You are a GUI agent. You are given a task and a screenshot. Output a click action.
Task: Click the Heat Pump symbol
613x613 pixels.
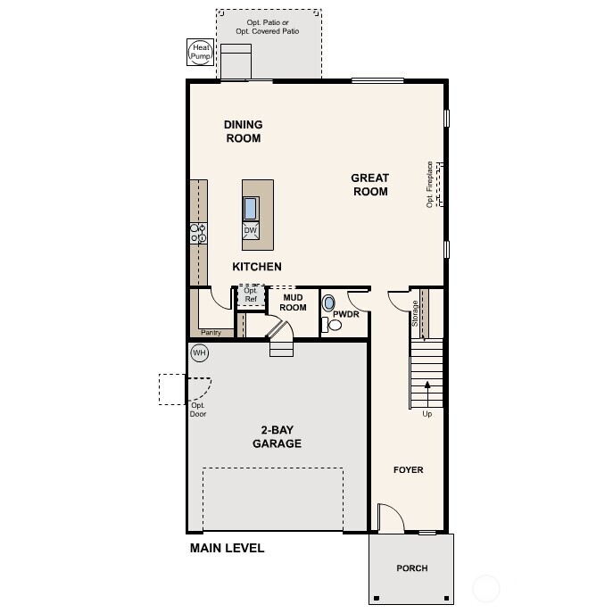point(197,53)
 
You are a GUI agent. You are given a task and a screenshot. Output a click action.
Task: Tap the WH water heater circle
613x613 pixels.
point(199,353)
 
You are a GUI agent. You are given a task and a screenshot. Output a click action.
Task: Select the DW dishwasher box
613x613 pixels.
point(251,230)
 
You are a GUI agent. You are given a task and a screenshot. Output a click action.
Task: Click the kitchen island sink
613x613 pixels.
point(251,208)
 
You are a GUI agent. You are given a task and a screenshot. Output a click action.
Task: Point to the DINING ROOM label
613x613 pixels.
point(243,131)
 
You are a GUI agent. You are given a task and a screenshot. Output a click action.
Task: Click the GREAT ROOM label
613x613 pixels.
point(369,185)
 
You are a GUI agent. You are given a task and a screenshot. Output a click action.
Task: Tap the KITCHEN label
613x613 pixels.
point(257,267)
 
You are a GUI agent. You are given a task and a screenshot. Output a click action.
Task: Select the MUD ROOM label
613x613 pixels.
point(294,302)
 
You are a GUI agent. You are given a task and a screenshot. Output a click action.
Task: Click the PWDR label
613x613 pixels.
point(345,315)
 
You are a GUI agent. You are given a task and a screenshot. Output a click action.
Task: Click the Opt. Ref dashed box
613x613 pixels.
point(251,295)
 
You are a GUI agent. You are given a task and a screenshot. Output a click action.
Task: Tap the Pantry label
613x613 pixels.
point(211,333)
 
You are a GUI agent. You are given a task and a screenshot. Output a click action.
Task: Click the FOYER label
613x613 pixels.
point(408,469)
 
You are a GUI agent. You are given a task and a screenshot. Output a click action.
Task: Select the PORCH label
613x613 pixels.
point(411,568)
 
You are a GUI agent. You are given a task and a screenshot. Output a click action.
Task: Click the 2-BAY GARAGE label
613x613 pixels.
point(277,436)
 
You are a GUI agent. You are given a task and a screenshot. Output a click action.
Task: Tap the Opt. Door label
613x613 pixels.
point(198,410)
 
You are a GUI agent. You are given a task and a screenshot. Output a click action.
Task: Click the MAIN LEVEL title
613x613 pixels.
point(227,548)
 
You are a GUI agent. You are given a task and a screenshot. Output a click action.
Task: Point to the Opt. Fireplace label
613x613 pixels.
point(430,184)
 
